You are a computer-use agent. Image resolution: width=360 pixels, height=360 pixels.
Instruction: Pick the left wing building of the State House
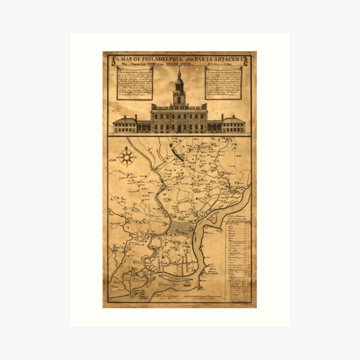point(125,124)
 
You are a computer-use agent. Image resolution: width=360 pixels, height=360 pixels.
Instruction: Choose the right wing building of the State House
point(233,124)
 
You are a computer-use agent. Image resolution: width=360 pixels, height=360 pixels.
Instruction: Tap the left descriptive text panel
point(135,84)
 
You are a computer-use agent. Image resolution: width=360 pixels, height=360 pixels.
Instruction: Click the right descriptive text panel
point(223,84)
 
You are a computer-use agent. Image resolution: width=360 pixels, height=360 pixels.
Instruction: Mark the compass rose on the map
point(127,158)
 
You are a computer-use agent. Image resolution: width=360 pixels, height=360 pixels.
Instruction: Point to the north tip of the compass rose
point(127,149)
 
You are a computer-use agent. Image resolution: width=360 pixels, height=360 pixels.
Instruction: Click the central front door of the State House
point(179,128)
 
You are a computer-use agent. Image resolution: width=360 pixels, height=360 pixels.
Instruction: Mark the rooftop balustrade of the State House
point(179,106)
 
